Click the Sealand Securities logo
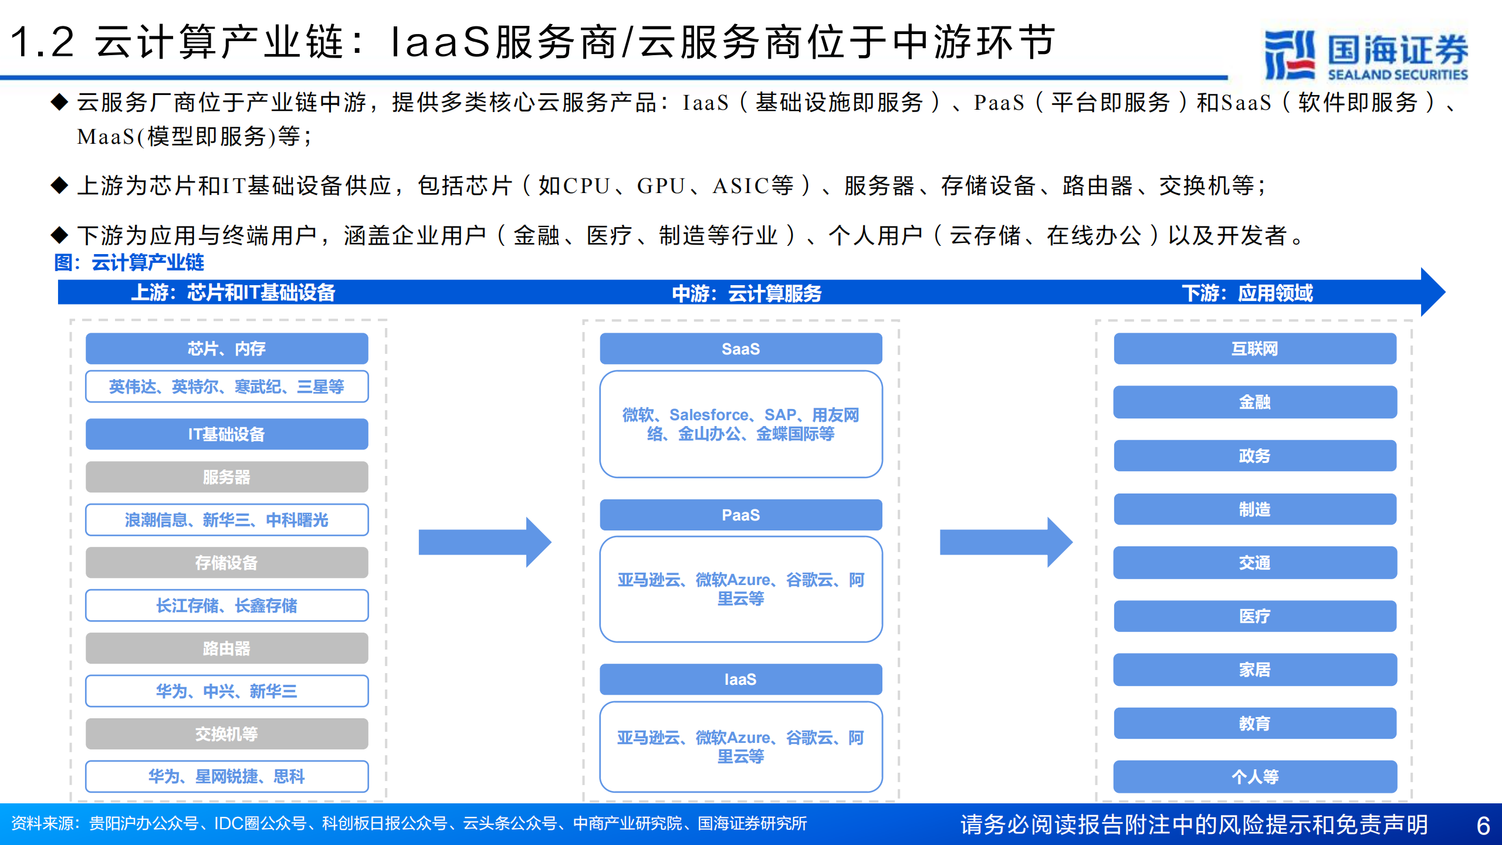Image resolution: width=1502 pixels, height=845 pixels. point(1365,55)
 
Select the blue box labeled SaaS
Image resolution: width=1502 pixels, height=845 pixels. point(740,349)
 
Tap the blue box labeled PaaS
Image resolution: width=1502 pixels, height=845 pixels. point(740,515)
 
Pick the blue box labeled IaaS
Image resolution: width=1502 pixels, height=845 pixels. point(740,679)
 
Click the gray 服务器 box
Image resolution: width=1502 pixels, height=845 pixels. point(226,476)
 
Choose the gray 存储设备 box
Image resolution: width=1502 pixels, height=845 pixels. point(226,562)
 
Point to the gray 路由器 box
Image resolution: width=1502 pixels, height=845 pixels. point(226,648)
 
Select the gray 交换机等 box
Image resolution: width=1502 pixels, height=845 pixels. point(226,734)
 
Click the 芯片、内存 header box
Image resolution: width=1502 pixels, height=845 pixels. point(226,349)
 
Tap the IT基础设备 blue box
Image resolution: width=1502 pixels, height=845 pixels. point(226,434)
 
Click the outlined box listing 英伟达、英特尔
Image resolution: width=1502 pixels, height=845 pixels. point(226,386)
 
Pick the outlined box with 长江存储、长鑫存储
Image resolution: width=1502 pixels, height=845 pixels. point(226,605)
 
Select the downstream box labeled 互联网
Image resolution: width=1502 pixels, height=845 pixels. point(1254,349)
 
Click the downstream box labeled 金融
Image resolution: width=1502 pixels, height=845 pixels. point(1254,402)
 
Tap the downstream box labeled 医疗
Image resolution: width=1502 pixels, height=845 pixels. point(1254,616)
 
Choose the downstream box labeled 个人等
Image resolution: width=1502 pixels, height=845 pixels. point(1254,776)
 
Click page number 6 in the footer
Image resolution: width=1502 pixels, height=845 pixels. point(1483,825)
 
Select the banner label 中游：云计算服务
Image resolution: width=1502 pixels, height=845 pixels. point(746,293)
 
